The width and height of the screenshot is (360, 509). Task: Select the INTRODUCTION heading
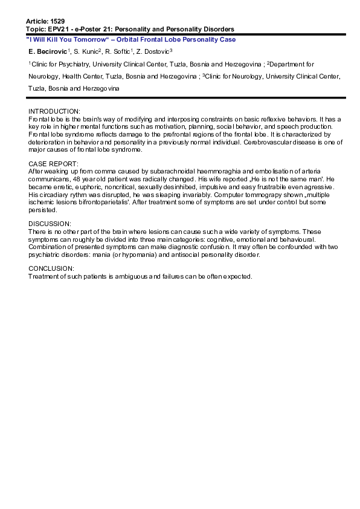tap(54, 112)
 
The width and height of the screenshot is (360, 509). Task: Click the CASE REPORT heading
tap(53, 164)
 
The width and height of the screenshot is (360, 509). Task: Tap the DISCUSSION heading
tap(50, 222)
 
